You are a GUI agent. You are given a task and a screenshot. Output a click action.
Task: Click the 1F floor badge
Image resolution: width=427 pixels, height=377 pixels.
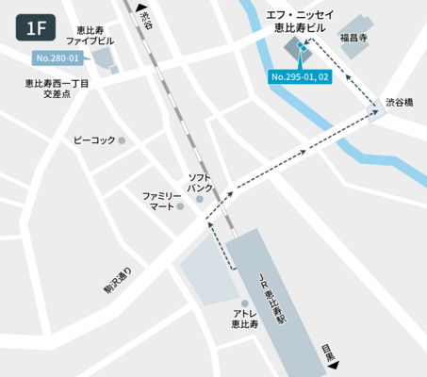tap(39, 27)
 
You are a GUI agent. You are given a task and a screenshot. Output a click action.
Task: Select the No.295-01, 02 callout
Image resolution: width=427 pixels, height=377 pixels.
tap(299, 75)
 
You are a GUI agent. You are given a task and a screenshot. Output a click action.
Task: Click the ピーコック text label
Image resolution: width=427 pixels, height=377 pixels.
tap(93, 140)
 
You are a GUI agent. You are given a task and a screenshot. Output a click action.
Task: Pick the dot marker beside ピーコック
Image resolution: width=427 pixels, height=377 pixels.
tap(121, 140)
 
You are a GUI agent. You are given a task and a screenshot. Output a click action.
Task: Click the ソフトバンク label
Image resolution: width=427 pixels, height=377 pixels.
tap(200, 183)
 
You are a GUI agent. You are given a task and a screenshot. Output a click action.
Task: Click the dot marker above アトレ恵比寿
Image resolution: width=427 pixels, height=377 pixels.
tap(245, 303)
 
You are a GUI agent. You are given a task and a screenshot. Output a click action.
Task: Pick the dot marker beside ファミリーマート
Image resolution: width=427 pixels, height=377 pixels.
tap(182, 207)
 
